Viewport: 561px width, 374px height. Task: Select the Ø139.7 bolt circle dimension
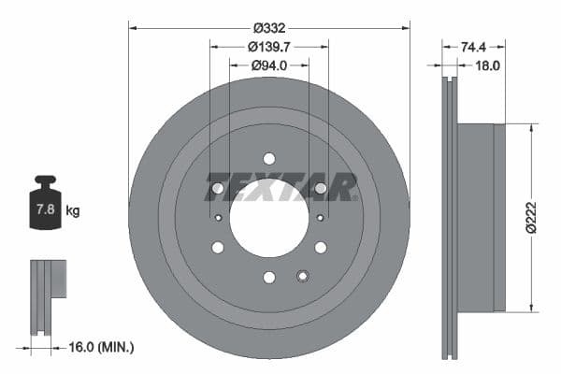(x=268, y=46)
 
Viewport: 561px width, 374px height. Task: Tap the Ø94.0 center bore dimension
(x=268, y=65)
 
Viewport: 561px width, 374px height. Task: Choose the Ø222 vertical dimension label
(x=531, y=216)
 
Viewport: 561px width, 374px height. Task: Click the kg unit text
(x=72, y=211)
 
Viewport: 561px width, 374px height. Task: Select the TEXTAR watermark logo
(x=281, y=187)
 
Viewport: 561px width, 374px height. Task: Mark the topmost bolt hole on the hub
(x=269, y=159)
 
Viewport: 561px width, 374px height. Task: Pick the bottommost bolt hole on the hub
(x=269, y=277)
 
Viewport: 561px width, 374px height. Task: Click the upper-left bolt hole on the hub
(x=218, y=188)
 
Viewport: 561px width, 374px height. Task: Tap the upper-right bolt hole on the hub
(x=321, y=188)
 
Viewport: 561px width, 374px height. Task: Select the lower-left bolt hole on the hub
(x=218, y=248)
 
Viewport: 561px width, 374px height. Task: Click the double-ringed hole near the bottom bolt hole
(x=302, y=275)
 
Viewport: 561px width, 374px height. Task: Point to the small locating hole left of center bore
(x=218, y=218)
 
